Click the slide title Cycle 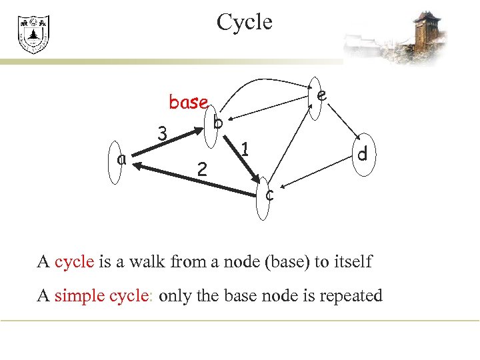pyautogui.click(x=244, y=23)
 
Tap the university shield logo pyautogui.click(x=33, y=35)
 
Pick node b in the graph pyautogui.click(x=213, y=123)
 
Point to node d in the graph pyautogui.click(x=361, y=155)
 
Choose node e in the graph pyautogui.click(x=317, y=97)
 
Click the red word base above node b pyautogui.click(x=189, y=102)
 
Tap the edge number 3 pyautogui.click(x=161, y=134)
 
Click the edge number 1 pyautogui.click(x=245, y=149)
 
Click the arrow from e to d pyautogui.click(x=343, y=124)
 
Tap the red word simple pyautogui.click(x=78, y=295)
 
